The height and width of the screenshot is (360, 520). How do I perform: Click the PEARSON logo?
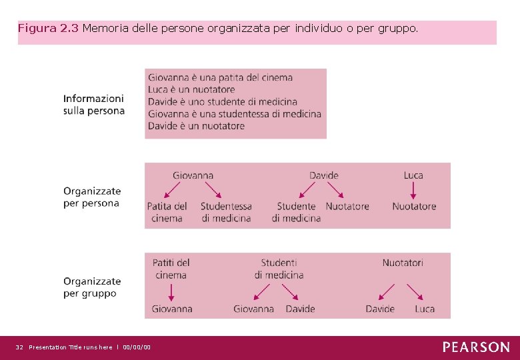pyautogui.click(x=476, y=347)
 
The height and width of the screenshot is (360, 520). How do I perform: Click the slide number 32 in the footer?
pyautogui.click(x=19, y=347)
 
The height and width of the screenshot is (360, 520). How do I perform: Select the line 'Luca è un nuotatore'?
pyautogui.click(x=191, y=89)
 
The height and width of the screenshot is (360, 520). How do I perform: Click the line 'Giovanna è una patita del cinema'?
pyautogui.click(x=220, y=77)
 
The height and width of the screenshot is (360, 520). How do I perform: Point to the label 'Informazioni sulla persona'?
pyautogui.click(x=94, y=105)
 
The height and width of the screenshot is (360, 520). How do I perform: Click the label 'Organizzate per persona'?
pyautogui.click(x=92, y=197)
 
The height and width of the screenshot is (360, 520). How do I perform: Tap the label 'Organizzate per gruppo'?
pyautogui.click(x=92, y=287)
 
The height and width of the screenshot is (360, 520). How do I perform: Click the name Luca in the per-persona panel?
pyautogui.click(x=413, y=175)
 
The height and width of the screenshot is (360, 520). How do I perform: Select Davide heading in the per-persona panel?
pyautogui.click(x=324, y=175)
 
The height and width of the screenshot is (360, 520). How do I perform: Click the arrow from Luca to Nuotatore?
pyautogui.click(x=413, y=191)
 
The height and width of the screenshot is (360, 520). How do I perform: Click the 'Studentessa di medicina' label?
pyautogui.click(x=226, y=212)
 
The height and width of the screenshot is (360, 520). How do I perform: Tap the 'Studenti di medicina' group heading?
pyautogui.click(x=279, y=269)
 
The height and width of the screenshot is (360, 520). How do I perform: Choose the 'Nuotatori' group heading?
pyautogui.click(x=403, y=263)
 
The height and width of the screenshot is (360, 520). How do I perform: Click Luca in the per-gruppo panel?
pyautogui.click(x=425, y=309)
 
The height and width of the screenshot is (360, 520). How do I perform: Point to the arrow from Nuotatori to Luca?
pyautogui.click(x=416, y=292)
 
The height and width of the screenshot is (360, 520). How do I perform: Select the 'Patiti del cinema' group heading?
pyautogui.click(x=171, y=269)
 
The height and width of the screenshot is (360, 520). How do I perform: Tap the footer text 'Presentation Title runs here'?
pyautogui.click(x=71, y=347)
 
